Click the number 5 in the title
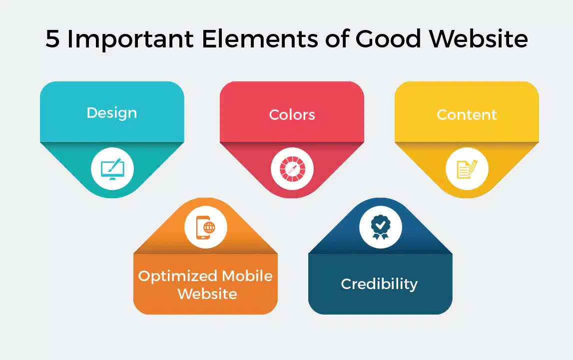point(52,38)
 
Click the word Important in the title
point(129,38)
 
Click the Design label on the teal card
point(112,113)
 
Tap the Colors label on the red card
point(292,115)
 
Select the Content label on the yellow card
point(467,115)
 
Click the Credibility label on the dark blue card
point(379,284)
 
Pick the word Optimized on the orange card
point(177,276)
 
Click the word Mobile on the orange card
point(247,276)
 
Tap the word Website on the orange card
point(207,293)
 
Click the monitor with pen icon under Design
point(112,168)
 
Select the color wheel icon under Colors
point(292,168)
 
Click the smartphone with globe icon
point(206,227)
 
